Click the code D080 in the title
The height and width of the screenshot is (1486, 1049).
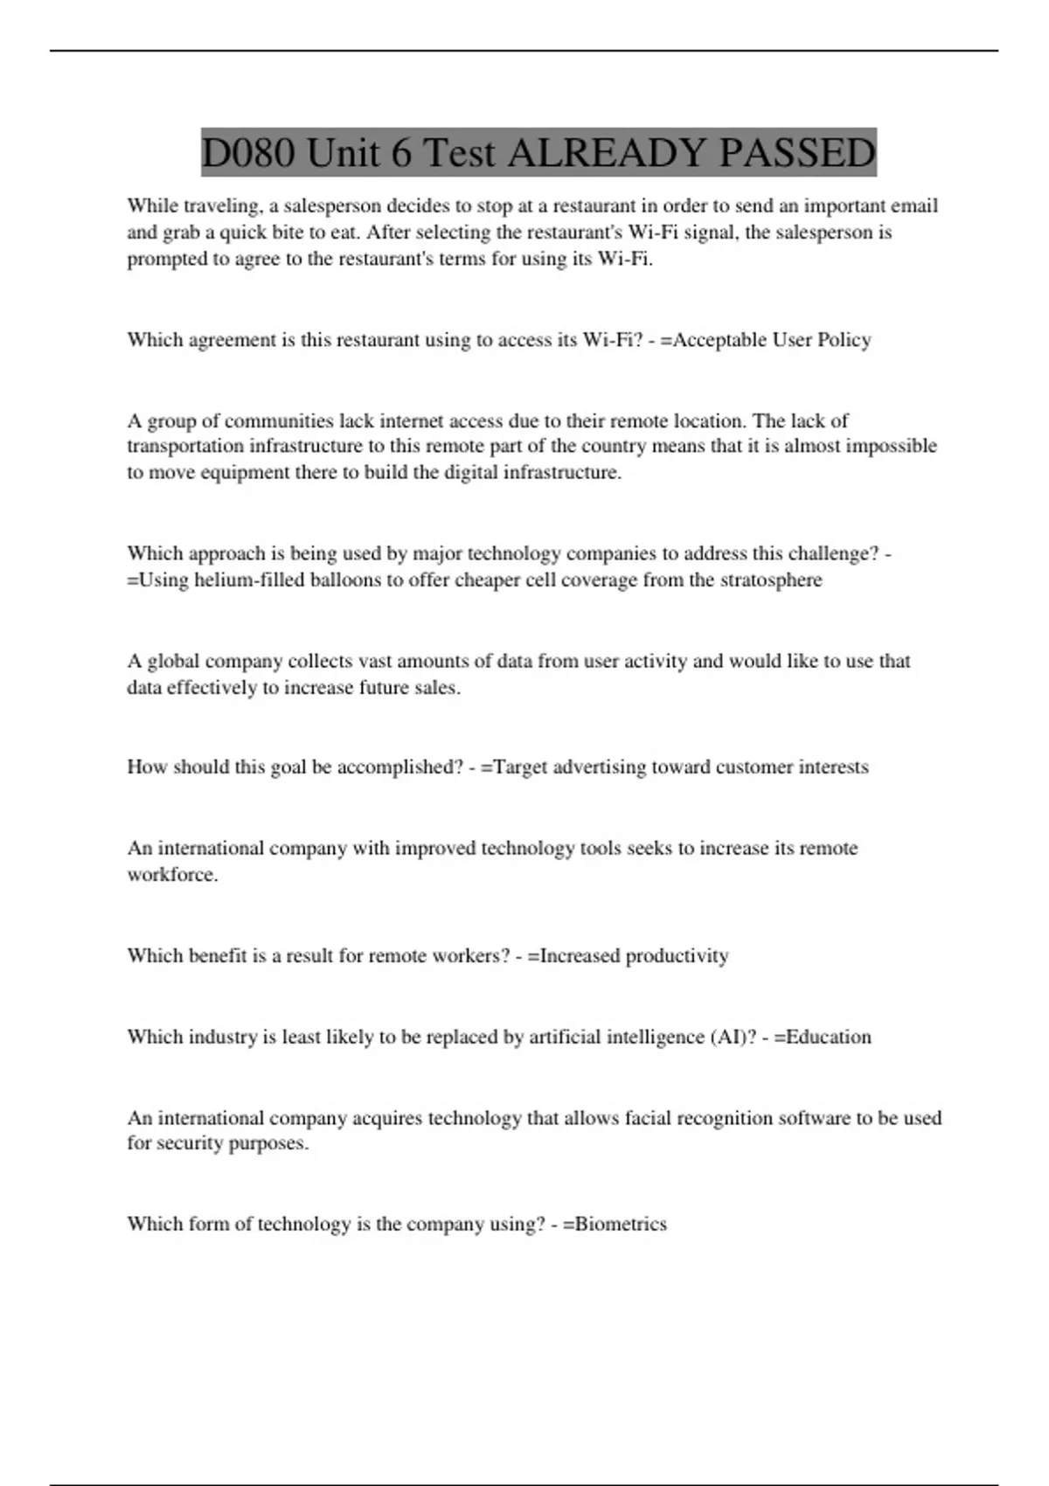(247, 153)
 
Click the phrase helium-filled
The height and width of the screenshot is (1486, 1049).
(249, 580)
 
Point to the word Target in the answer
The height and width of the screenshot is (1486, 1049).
(521, 767)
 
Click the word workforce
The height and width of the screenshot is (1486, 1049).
(171, 875)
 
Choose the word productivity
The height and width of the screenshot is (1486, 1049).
(677, 956)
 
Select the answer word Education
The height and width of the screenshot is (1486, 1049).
(829, 1038)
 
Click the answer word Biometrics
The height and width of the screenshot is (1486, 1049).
(621, 1224)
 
